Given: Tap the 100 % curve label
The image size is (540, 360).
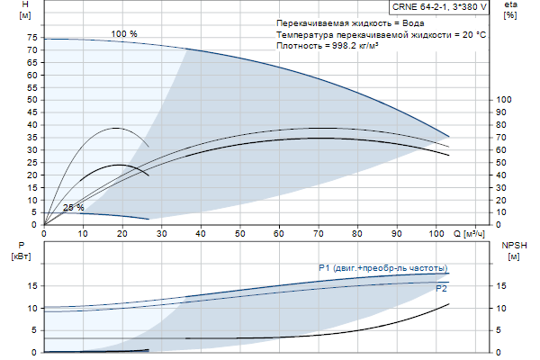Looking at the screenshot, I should point(124,33).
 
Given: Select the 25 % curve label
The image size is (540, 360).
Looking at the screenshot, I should point(74,208).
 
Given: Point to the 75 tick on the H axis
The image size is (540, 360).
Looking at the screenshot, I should point(32,38).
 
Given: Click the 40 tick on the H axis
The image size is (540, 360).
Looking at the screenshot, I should point(32,125).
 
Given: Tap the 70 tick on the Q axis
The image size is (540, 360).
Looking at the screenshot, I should point(318,232).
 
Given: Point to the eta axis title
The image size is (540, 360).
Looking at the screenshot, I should point(511,5).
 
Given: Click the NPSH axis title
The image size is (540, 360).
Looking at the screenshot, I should point(513,246).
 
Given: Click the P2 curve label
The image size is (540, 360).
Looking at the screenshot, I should point(441,290).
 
